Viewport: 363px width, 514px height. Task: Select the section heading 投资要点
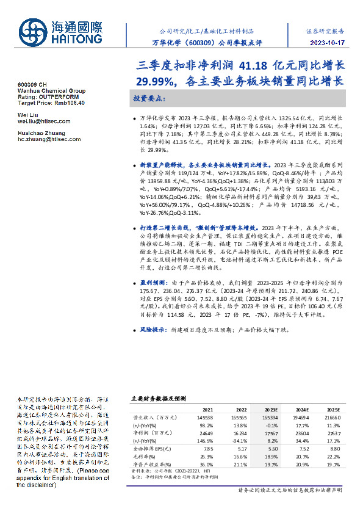point(149,98)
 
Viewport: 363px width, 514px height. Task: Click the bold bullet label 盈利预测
point(151,283)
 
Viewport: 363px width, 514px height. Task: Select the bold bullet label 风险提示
point(151,329)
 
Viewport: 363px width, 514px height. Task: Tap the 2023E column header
point(271,410)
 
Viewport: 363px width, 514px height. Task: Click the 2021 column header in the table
point(207,410)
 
